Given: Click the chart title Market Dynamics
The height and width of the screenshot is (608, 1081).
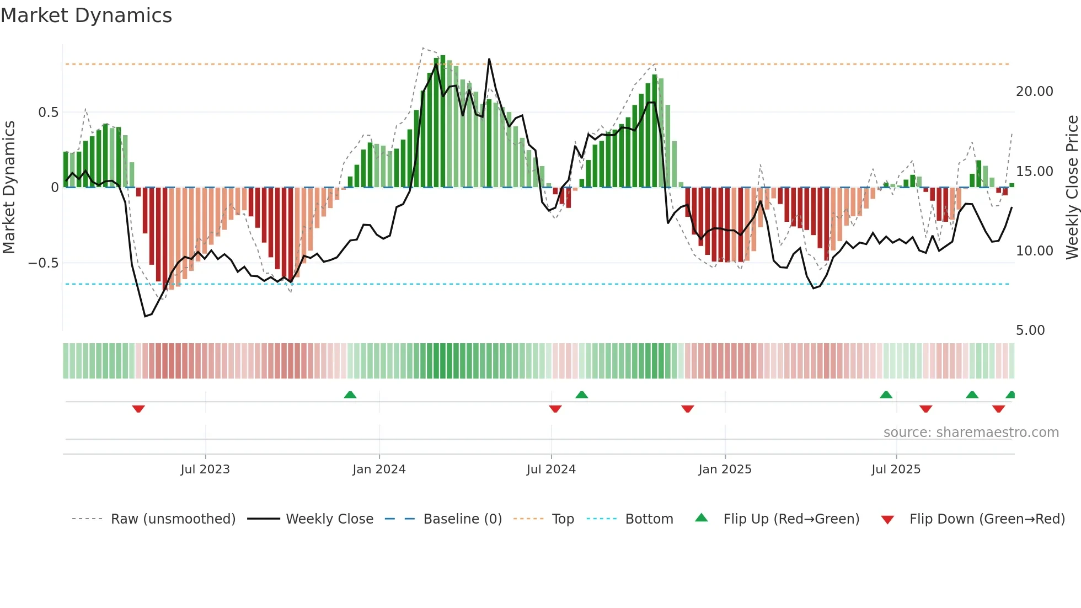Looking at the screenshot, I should click(86, 15).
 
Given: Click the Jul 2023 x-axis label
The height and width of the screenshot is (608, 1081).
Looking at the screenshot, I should click(205, 470).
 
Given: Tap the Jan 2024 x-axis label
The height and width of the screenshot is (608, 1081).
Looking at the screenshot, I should click(379, 470).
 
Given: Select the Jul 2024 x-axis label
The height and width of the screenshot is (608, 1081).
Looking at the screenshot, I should click(551, 470).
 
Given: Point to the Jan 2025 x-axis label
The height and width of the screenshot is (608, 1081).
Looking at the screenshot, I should click(725, 470).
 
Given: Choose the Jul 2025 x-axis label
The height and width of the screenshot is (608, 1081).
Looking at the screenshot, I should click(896, 470).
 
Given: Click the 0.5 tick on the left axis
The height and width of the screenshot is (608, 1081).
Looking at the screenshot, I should click(48, 113).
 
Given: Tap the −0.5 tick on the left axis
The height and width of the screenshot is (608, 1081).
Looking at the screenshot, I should click(44, 263).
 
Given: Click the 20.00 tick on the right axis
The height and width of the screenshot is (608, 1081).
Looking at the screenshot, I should click(1034, 92).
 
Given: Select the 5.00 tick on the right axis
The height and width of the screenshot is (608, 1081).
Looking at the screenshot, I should click(1030, 330).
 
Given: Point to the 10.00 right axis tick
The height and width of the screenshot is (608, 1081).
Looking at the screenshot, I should click(1034, 251).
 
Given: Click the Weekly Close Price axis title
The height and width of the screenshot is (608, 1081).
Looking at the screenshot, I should click(1072, 188).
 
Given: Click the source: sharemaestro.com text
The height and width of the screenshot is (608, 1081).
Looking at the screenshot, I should click(971, 433).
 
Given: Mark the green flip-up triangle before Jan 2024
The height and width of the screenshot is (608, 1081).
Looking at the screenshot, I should click(350, 394).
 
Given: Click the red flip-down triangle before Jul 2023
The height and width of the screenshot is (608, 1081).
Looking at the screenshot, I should click(138, 409).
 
